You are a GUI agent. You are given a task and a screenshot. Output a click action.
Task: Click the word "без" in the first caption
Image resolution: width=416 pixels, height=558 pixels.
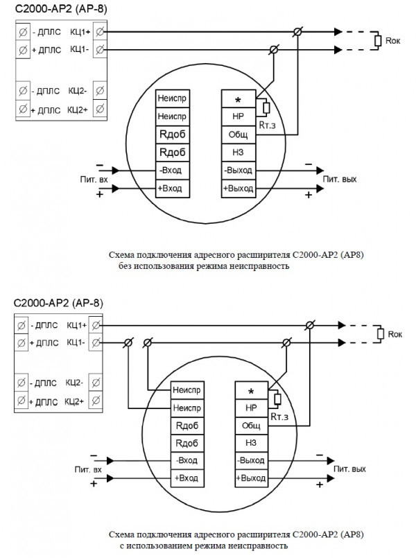click(x=125, y=265)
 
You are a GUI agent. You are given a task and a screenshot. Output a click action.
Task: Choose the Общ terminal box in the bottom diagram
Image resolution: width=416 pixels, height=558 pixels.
click(x=251, y=425)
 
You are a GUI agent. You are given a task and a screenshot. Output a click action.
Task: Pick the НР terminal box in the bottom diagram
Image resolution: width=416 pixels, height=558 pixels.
click(x=251, y=408)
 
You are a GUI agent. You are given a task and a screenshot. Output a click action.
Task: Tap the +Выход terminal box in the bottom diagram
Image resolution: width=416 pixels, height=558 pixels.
click(x=251, y=478)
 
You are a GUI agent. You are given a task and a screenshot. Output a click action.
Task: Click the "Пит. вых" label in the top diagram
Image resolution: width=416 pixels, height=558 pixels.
click(x=339, y=179)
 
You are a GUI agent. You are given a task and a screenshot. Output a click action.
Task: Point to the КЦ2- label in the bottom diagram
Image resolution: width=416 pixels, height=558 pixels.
click(x=75, y=383)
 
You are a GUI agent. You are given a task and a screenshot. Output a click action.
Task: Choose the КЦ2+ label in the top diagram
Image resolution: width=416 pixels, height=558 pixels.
click(x=78, y=109)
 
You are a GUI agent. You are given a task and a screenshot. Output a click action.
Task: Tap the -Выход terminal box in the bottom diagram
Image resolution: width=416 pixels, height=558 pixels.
click(x=251, y=460)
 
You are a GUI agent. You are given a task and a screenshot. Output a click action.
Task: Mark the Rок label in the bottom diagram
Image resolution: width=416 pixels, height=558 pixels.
click(x=395, y=334)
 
